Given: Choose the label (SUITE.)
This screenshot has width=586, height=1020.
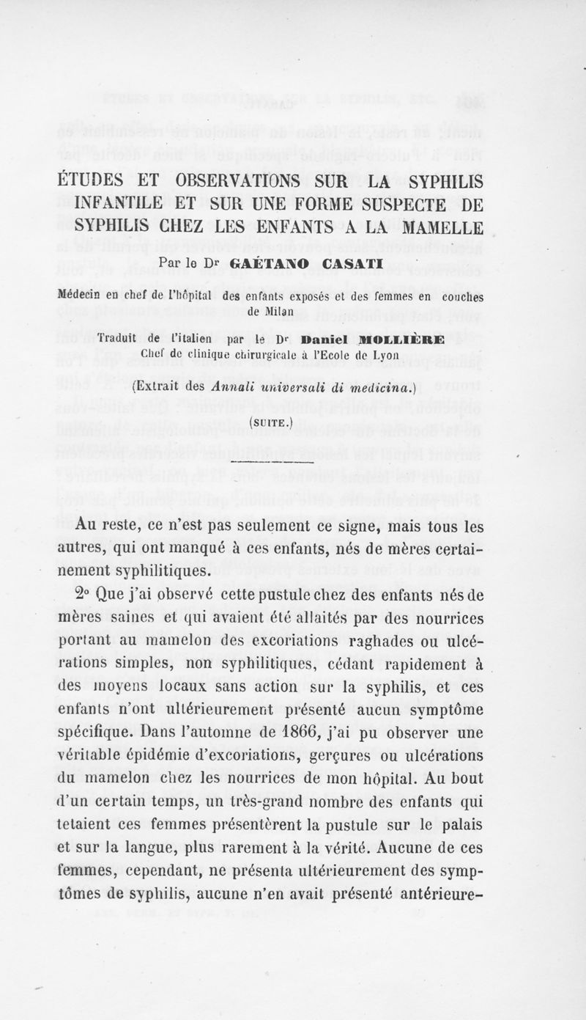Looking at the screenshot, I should (270, 422).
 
